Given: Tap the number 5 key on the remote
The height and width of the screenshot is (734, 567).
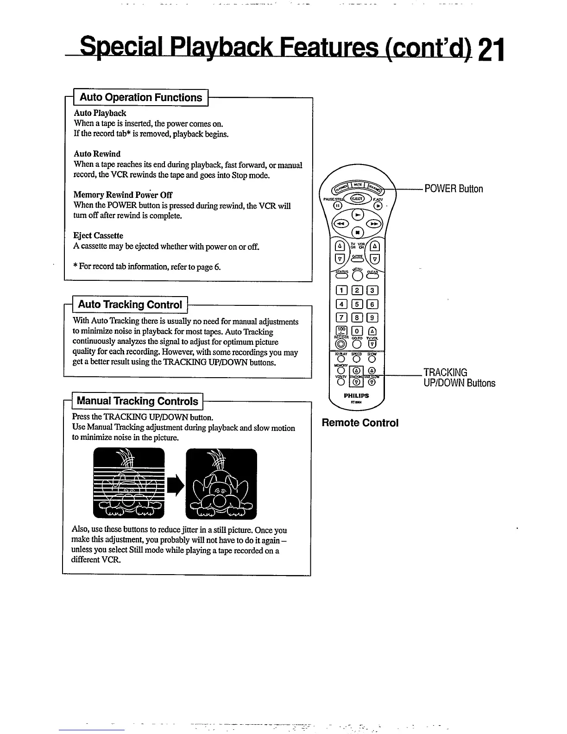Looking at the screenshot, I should tap(357, 304).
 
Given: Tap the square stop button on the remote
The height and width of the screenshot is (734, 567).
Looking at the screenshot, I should tap(357, 232).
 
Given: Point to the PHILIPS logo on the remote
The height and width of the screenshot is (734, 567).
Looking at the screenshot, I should tap(356, 396).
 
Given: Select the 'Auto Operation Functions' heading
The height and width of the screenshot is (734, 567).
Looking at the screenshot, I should tap(141, 97).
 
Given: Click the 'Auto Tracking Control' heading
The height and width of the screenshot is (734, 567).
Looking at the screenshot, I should tap(130, 304).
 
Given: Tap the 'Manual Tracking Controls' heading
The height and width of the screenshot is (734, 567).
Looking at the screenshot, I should tap(137, 401).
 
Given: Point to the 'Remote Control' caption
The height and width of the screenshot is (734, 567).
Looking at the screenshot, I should tap(360, 423).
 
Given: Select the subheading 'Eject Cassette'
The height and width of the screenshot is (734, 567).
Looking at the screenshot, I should tap(98, 235).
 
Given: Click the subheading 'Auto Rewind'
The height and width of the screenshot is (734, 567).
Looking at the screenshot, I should tap(97, 154).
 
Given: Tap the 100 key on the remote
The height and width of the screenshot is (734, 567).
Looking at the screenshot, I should tap(340, 330).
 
